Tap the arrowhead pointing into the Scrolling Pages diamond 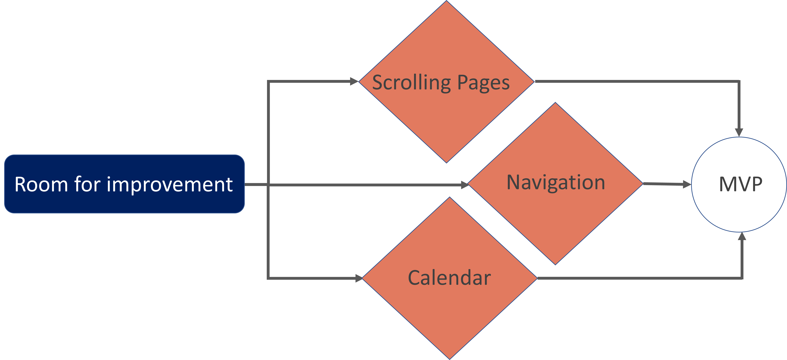tap(354, 81)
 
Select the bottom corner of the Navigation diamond tap(555, 265)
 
